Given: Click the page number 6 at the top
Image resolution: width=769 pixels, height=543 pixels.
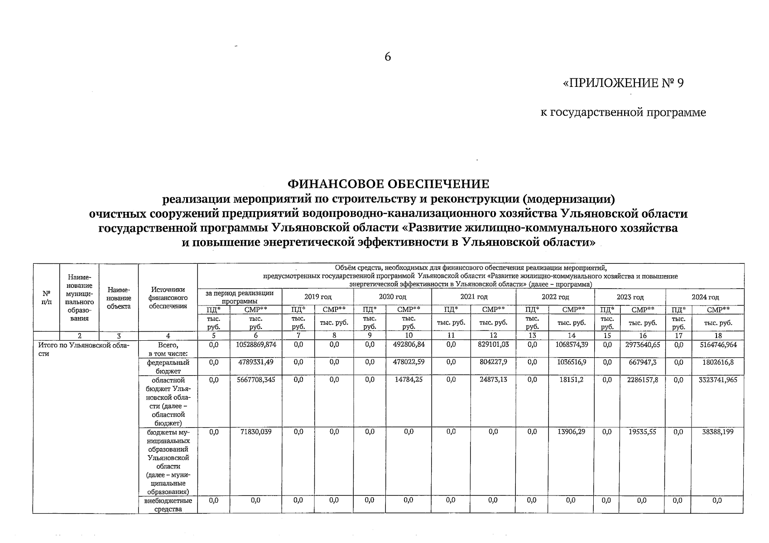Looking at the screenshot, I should click(387, 57).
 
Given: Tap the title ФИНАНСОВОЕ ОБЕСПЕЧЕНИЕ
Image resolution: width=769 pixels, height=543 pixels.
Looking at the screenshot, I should click(389, 184).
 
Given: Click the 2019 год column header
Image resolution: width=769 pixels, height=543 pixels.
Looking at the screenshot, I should click(317, 297).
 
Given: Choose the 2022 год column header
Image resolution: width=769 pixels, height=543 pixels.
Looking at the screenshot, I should click(555, 297).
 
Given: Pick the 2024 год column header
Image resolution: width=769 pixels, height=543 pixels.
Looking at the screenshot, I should click(705, 297).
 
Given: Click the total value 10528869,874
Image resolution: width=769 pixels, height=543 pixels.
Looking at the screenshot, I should click(256, 345).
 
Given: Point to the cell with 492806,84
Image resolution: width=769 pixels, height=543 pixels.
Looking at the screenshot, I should click(409, 345).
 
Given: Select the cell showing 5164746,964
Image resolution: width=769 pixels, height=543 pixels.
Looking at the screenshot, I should click(718, 345).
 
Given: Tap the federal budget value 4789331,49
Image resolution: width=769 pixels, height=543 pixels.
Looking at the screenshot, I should click(256, 362).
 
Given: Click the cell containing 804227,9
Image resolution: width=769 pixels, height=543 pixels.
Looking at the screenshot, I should click(493, 362).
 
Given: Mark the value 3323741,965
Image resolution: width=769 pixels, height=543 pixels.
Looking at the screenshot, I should click(718, 380).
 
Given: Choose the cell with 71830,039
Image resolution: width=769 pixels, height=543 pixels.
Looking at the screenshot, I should click(256, 432).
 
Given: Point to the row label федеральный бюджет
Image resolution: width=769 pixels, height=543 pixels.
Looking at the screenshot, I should click(168, 367).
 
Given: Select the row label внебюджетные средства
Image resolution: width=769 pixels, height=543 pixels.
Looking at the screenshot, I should click(168, 505).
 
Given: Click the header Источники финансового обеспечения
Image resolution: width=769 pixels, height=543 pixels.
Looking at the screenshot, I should click(168, 298).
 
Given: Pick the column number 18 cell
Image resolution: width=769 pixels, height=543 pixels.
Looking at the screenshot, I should click(718, 336).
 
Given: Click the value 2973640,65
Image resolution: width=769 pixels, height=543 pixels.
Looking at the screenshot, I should click(643, 345).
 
